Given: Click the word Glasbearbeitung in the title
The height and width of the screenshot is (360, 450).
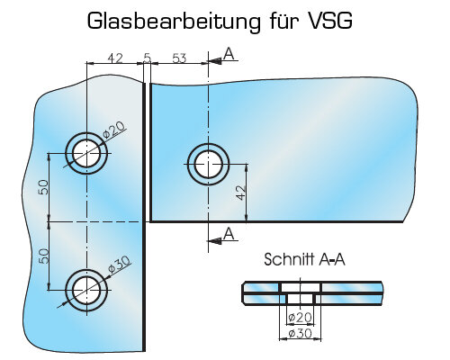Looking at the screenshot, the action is [174, 22].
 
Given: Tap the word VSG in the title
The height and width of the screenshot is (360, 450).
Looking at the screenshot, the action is [329, 21].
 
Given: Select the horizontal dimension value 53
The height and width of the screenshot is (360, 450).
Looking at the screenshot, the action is [179, 58].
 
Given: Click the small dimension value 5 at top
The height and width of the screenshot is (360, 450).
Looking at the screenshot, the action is [147, 58].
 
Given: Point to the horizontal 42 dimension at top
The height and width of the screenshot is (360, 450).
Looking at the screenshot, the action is [115, 58].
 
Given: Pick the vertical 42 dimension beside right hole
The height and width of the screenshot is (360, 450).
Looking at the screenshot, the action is [241, 193].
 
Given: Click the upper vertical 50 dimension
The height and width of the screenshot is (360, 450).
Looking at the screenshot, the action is [44, 187].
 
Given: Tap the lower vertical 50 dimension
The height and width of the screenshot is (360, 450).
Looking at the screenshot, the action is [44, 256].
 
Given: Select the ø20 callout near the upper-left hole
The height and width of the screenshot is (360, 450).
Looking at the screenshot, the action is [113, 130].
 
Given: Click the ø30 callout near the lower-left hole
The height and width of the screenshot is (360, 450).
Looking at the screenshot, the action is [119, 264].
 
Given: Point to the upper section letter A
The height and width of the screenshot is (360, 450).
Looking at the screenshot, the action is [229, 54].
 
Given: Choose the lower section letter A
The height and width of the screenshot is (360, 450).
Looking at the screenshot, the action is [229, 234].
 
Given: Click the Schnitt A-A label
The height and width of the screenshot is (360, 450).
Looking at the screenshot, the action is [304, 259].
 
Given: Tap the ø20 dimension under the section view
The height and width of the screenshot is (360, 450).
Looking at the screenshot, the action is [300, 318].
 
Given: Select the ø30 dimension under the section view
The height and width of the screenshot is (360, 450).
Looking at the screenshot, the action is [300, 333].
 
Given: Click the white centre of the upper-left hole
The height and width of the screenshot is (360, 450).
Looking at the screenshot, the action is [86, 153].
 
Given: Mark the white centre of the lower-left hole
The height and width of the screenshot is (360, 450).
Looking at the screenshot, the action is [86, 290].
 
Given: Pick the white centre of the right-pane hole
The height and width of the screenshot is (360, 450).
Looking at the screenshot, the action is [208, 165].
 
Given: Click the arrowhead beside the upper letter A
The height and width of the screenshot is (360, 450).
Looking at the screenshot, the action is [215, 61].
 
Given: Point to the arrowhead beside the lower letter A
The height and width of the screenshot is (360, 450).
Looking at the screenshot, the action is [215, 240].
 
